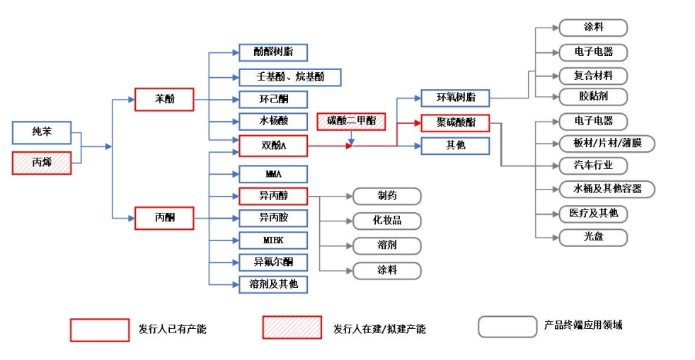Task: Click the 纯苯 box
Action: (42, 132)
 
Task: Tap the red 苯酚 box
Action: (164, 100)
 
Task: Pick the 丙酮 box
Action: (164, 218)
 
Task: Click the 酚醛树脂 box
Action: (273, 52)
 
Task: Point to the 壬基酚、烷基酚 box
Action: (281, 76)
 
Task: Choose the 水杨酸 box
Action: (273, 121)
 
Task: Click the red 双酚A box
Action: (273, 146)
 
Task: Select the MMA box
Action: (273, 173)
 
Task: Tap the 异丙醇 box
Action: (273, 195)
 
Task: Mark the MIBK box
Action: (273, 240)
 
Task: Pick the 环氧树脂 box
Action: (455, 98)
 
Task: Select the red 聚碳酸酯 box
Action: (455, 122)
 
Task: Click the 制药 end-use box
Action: (387, 196)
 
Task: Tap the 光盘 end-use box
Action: (593, 237)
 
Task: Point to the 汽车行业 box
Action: (593, 166)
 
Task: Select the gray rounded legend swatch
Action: (507, 327)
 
